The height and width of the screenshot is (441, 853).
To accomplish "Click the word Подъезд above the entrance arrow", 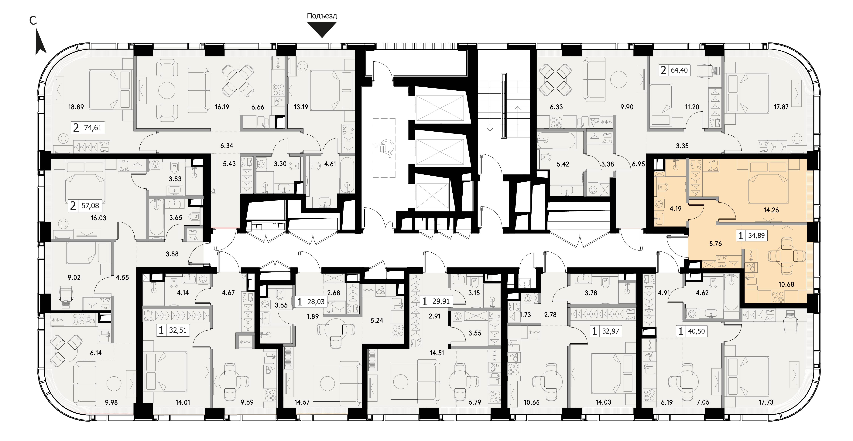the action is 322,16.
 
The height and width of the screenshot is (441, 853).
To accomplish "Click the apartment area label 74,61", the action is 93,128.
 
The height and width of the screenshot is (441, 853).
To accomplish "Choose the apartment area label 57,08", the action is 90,206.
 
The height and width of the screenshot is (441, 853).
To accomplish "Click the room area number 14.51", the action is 437,353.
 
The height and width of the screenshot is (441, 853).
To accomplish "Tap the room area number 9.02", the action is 74,277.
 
